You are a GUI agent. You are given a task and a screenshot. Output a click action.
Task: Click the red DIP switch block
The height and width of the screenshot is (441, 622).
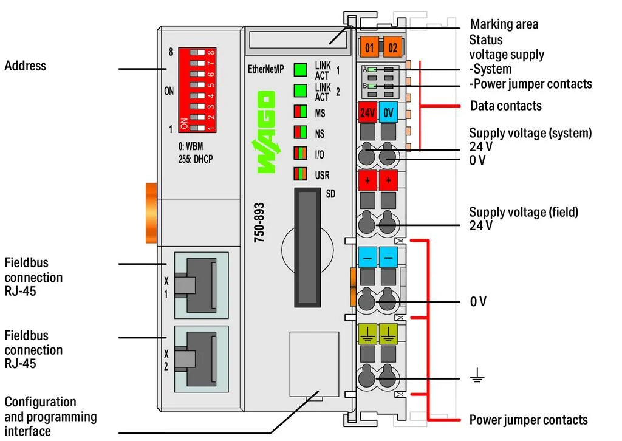[197, 90]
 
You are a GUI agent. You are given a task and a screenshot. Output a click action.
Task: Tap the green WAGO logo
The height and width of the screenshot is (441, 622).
[265, 132]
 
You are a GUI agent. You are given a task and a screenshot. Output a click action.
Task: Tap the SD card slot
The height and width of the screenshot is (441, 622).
[307, 247]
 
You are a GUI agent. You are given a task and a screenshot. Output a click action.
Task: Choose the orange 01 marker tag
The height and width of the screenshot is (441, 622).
[369, 47]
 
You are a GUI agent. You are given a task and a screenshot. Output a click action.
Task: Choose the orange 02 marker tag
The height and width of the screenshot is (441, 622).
[392, 47]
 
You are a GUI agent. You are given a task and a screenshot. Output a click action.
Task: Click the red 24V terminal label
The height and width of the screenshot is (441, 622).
[367, 112]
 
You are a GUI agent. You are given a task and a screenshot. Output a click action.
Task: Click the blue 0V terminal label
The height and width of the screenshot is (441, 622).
[389, 112]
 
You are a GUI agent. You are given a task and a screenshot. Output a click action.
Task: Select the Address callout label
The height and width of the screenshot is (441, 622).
[26, 66]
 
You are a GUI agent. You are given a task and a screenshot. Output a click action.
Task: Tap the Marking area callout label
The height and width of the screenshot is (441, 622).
[504, 25]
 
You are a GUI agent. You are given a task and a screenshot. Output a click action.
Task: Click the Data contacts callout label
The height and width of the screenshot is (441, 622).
[505, 106]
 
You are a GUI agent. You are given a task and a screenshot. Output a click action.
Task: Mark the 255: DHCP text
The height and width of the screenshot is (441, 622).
[196, 159]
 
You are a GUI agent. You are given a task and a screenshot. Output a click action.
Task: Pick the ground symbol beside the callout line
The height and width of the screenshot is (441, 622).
[477, 378]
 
